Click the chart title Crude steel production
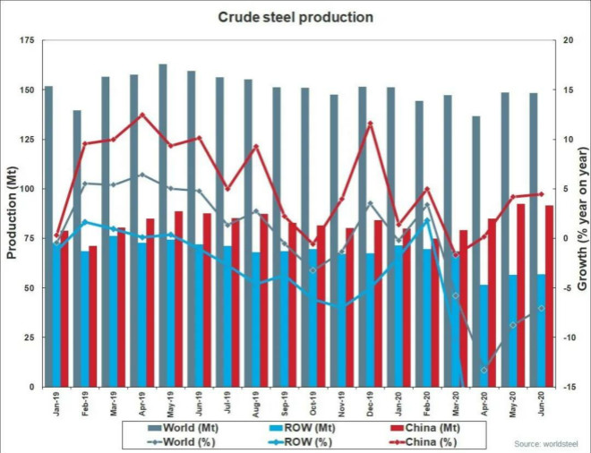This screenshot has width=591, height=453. tap(295, 17)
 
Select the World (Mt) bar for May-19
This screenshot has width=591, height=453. tap(162, 224)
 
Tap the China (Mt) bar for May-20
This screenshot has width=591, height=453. tap(520, 295)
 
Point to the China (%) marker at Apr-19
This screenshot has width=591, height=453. tap(141, 115)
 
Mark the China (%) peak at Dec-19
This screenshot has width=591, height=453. tap(370, 123)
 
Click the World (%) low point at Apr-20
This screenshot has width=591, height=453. tap(484, 370)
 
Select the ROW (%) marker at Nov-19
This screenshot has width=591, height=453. tap(341, 306)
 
